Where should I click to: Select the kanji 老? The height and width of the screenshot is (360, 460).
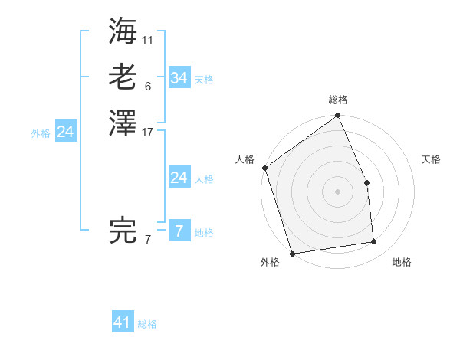tap(123, 77)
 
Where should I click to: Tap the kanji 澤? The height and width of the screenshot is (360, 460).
tap(123, 123)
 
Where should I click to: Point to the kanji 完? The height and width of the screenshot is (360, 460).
tap(123, 231)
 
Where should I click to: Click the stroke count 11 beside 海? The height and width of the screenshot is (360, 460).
tap(148, 39)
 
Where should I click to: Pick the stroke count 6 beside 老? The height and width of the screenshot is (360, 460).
tap(147, 86)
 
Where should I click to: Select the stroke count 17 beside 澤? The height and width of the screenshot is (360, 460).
tap(148, 132)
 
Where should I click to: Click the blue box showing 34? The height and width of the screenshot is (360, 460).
tap(179, 78)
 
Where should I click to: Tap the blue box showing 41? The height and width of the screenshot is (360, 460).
tap(123, 322)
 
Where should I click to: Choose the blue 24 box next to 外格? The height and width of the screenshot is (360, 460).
tap(66, 132)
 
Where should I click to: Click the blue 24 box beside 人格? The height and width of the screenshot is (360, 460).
tap(179, 178)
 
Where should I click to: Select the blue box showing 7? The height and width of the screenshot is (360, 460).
tap(179, 231)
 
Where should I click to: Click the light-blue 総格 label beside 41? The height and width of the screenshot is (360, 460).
tap(147, 324)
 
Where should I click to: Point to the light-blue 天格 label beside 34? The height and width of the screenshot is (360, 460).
tap(204, 80)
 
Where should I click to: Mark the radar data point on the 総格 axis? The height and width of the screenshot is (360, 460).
tap(337, 116)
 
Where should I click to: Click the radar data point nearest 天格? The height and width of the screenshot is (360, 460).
tap(366, 182)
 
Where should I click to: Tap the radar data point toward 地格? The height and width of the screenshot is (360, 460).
tap(374, 242)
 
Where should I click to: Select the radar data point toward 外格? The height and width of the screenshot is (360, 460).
tap(292, 254)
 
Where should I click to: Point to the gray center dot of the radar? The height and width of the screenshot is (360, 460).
tap(337, 191)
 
